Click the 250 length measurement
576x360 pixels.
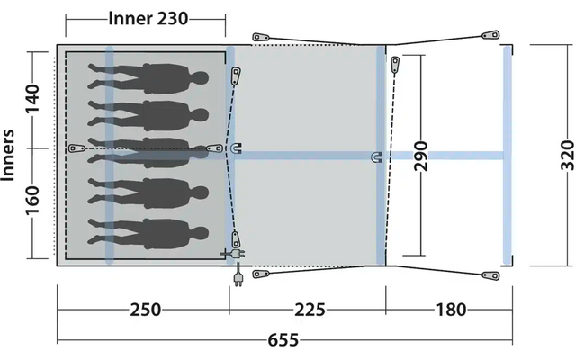143,310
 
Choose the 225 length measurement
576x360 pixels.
307,310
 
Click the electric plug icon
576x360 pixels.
238,276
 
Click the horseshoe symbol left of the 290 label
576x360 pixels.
376,157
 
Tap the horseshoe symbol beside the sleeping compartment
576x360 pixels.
236,148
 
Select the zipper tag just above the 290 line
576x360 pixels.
396,64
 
